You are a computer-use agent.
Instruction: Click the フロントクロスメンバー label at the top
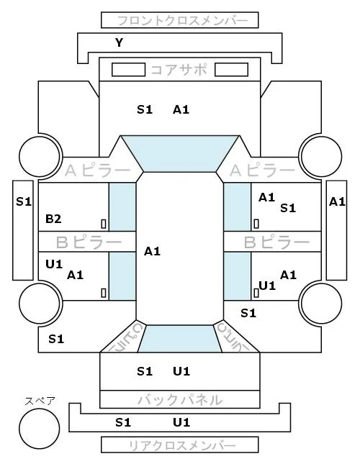(x=182, y=21)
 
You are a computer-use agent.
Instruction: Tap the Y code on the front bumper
(x=119, y=43)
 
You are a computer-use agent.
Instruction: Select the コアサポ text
(x=179, y=70)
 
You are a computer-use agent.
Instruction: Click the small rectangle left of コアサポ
(x=128, y=70)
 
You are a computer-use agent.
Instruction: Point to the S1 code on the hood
(x=145, y=110)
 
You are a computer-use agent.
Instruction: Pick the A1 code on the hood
(x=181, y=110)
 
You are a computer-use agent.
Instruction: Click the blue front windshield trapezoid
(x=180, y=153)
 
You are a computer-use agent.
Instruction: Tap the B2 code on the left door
(x=53, y=219)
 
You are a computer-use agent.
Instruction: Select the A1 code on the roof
(x=152, y=252)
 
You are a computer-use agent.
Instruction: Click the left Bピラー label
(x=89, y=242)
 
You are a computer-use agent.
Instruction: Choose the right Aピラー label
(x=262, y=170)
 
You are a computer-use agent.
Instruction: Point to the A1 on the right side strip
(x=337, y=202)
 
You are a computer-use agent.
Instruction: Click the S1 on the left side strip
(x=24, y=202)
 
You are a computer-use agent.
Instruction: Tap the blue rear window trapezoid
(x=180, y=339)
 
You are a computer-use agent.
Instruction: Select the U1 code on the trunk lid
(x=181, y=371)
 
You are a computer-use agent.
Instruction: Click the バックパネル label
(x=180, y=400)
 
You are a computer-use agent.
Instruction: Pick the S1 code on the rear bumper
(x=123, y=422)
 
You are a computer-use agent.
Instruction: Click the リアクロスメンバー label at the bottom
(x=182, y=445)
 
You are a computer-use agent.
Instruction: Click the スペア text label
(x=40, y=401)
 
